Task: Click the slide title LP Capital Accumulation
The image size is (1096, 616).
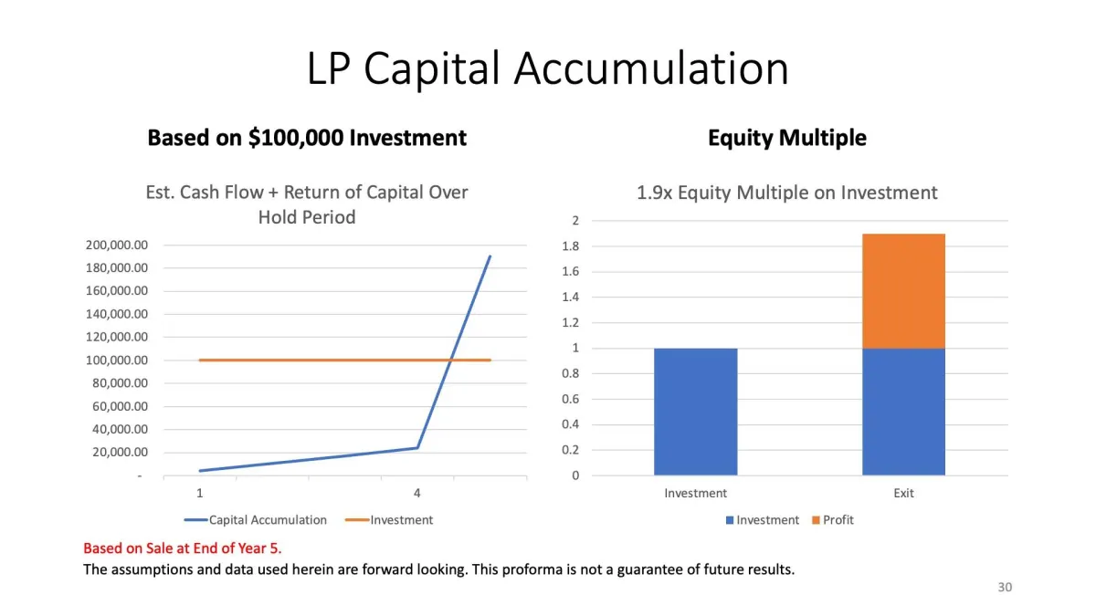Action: [x=547, y=68]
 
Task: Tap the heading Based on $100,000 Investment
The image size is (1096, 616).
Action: [x=307, y=138]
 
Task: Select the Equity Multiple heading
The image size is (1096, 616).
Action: [x=787, y=138]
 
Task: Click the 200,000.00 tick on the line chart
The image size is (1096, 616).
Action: [x=117, y=245]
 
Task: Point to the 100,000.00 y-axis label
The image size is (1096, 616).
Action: [x=117, y=360]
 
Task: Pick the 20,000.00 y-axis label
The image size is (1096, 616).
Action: [x=120, y=453]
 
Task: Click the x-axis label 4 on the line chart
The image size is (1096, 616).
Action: [x=416, y=494]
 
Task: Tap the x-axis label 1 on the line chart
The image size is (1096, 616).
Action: [x=200, y=494]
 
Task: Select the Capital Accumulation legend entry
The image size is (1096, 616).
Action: [x=256, y=519]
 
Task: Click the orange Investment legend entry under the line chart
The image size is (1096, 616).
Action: [x=389, y=519]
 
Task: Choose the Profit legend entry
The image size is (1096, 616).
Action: [x=833, y=519]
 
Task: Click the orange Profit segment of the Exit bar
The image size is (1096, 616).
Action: [x=903, y=291]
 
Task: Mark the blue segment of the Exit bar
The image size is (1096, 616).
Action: [x=903, y=412]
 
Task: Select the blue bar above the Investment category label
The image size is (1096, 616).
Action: [x=696, y=412]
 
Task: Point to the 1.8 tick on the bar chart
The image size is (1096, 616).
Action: [x=571, y=245]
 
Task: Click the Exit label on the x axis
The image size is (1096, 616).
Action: [x=903, y=494]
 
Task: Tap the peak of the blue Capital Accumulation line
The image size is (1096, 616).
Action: [x=490, y=256]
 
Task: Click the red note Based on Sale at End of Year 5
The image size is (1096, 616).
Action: [x=183, y=548]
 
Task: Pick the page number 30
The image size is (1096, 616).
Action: [x=1005, y=587]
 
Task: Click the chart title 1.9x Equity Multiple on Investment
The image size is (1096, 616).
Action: [x=787, y=193]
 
